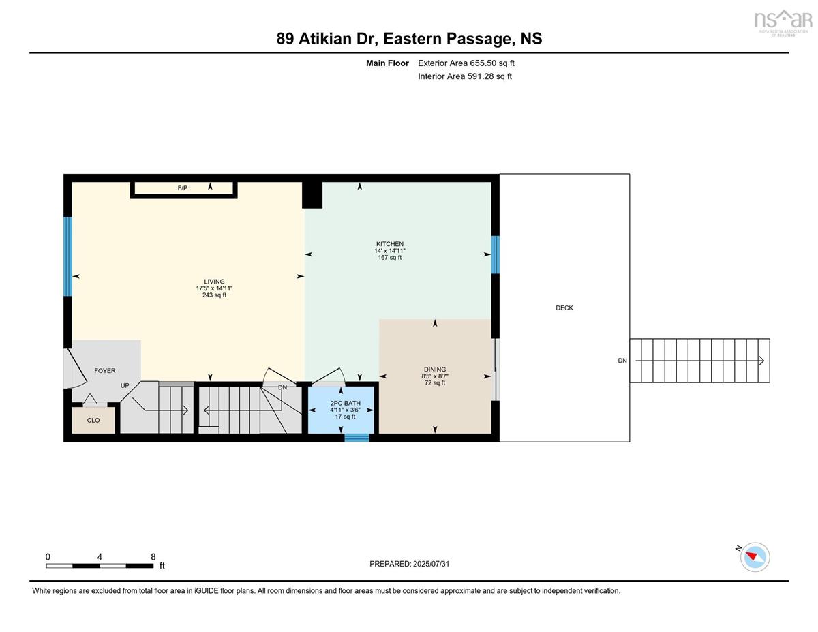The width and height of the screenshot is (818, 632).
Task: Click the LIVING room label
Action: coord(214,282)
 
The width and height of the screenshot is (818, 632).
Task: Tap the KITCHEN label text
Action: coord(390,244)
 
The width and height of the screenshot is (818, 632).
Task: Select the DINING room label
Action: coord(435,370)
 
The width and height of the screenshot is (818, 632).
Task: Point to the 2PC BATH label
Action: coord(345,403)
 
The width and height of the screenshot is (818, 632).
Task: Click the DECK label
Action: coord(564,308)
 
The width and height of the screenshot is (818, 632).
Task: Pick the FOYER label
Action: coord(105,371)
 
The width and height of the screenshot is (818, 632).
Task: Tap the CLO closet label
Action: coord(93,421)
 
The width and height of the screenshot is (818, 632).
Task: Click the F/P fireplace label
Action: coord(183,188)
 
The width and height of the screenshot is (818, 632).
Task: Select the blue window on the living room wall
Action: coord(67,256)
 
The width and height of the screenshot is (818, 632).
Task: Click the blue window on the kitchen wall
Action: coord(496,254)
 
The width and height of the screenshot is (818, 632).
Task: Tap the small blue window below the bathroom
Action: coord(357,438)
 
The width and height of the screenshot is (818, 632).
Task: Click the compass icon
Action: coord(754,557)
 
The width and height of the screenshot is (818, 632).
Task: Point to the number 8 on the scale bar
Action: coord(153,557)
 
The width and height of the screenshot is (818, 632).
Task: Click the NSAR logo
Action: coord(783,22)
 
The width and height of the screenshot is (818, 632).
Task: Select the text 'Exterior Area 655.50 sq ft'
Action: coord(466,63)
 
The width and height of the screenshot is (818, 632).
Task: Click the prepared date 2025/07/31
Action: coord(431,564)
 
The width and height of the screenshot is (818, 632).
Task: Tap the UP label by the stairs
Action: coord(125,386)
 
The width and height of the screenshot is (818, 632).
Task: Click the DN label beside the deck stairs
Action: coord(622,361)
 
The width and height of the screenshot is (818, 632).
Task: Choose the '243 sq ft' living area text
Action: coord(214,295)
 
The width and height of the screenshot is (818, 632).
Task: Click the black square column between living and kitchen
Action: coord(312,195)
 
